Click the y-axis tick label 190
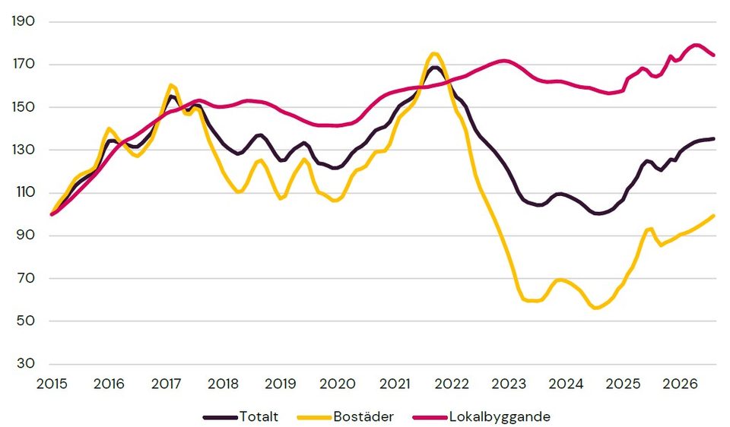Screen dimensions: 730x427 click(x=24, y=21)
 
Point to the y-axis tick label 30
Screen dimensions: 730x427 click(x=26, y=364)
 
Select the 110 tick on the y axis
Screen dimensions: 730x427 click(x=24, y=192)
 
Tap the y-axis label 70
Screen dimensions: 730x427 click(x=26, y=278)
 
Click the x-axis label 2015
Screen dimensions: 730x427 click(x=52, y=384)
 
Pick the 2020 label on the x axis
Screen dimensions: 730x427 click(x=338, y=384)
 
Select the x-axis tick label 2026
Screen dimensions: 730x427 click(x=680, y=384)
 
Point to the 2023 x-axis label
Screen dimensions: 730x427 click(x=509, y=384)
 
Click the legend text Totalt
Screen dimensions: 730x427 click(x=259, y=416)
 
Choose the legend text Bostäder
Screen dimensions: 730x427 click(x=363, y=416)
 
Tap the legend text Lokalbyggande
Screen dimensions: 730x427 click(x=500, y=417)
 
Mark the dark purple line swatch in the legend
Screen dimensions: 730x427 click(x=221, y=417)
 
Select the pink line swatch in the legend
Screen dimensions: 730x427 click(x=430, y=417)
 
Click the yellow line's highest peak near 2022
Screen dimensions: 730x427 click(x=434, y=53)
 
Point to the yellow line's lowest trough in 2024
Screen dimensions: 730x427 click(x=595, y=308)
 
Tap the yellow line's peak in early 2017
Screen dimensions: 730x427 click(x=170, y=84)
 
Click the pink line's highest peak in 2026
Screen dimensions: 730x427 click(x=696, y=45)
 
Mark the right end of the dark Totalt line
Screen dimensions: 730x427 click(x=714, y=138)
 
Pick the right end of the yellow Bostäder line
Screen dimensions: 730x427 click(x=714, y=215)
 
